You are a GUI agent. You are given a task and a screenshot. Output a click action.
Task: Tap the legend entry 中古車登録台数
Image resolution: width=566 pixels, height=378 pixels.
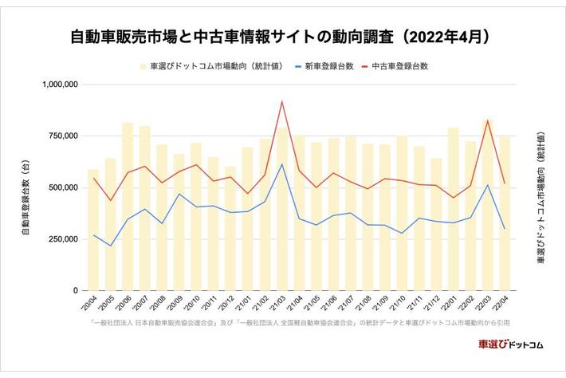pyautogui.click(x=399, y=66)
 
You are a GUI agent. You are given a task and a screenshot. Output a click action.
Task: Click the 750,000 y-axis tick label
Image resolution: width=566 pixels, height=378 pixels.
pyautogui.click(x=60, y=136)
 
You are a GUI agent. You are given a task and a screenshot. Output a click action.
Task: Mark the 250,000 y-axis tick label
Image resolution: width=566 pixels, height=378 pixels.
pyautogui.click(x=60, y=239)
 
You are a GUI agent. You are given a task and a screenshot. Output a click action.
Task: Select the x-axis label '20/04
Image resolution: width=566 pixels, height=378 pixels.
pyautogui.click(x=89, y=304)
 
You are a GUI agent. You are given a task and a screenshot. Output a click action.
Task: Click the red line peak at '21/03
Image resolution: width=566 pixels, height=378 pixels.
pyautogui.click(x=282, y=101)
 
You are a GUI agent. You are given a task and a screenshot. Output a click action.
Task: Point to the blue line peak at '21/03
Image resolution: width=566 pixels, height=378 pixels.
pyautogui.click(x=282, y=164)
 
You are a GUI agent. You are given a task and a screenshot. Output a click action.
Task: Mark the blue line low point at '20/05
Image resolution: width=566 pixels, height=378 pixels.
pyautogui.click(x=111, y=246)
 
